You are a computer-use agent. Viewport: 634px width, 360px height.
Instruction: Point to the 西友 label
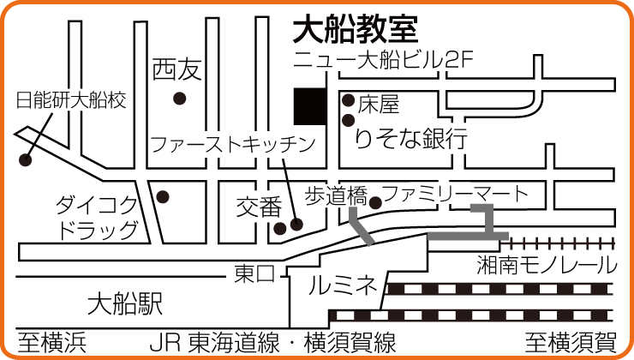pyautogui.click(x=177, y=69)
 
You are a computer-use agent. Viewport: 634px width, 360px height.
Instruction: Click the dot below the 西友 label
pyautogui.click(x=180, y=99)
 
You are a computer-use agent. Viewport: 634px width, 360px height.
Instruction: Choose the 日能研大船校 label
pyautogui.click(x=71, y=100)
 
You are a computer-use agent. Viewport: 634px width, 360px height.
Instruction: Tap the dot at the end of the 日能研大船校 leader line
pyautogui.click(x=26, y=159)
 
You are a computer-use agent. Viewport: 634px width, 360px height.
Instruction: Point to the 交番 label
pyautogui.click(x=259, y=206)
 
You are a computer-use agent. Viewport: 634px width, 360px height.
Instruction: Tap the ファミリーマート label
pyautogui.click(x=455, y=194)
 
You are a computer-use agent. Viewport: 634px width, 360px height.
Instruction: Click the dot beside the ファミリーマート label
pyautogui.click(x=375, y=202)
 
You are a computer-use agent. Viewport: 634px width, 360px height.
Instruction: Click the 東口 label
pyautogui.click(x=254, y=273)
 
